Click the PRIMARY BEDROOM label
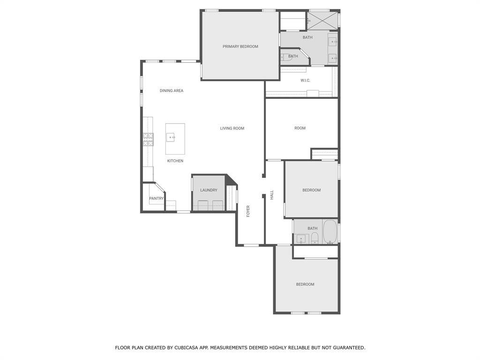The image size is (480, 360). pos(240,46)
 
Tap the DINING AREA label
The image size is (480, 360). pos(171,91)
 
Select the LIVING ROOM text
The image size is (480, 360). pos(232,128)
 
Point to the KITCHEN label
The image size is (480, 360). pos(175,161)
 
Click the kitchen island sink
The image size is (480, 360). pos(171,137)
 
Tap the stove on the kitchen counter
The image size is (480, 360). pos(148,139)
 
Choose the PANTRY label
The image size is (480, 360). pos(156,199)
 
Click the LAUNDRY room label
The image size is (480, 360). pos(209,190)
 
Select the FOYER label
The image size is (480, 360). pos(248,211)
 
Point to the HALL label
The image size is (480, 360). pos(271,195)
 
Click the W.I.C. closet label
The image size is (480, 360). pos(305,81)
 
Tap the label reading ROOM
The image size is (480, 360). pos(300,128)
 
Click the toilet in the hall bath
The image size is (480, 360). pos(315,238)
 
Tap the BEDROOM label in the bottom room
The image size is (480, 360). pos(305,285)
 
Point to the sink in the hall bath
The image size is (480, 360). pos(300,239)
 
